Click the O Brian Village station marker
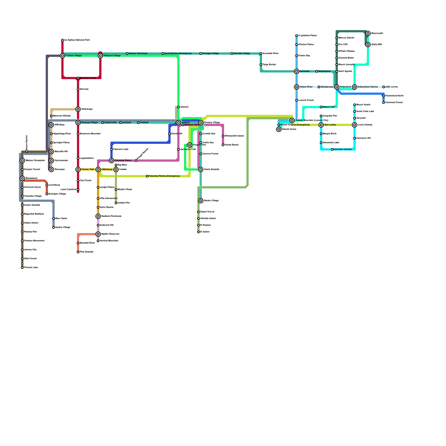pyautogui.click(x=62, y=56)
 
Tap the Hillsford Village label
pyautogui.click(x=112, y=56)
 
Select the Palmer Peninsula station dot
pyautogui.click(x=127, y=54)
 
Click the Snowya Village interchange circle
pyautogui.click(x=78, y=123)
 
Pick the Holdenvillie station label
pyautogui.click(x=110, y=123)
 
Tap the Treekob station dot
pyautogui.click(x=138, y=123)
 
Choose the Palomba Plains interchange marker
pyautogui.click(x=111, y=161)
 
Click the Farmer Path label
pyautogui.click(x=88, y=169)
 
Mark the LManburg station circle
pyautogui.click(x=98, y=169)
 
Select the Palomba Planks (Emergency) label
pyautogui.click(x=164, y=176)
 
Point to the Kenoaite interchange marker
pyautogui.click(x=297, y=71)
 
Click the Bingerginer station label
pyautogui.click(x=324, y=71)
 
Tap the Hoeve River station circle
pyautogui.click(x=297, y=87)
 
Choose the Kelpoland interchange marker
pyautogui.click(x=337, y=87)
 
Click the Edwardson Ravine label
pyautogui.click(x=368, y=87)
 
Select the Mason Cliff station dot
pyautogui.click(x=321, y=107)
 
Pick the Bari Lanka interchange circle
pyautogui.click(x=321, y=125)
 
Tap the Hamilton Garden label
pyautogui.click(x=343, y=149)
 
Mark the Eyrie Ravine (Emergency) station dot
pyautogui.click(x=163, y=54)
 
